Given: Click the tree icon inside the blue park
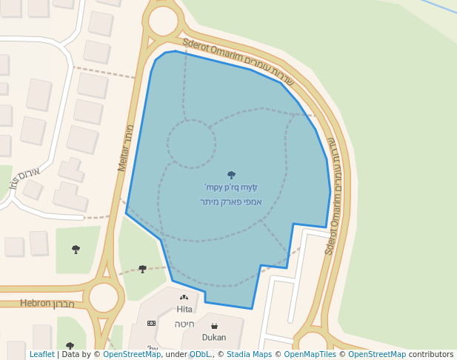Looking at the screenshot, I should coord(231,176).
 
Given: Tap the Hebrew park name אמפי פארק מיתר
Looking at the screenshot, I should coord(231,201).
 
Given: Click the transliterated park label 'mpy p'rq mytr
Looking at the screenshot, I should coord(231,188).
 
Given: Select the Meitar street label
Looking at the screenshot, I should coord(125,148).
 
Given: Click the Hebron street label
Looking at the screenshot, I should coord(36,303).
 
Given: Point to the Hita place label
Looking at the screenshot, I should coord(184,309).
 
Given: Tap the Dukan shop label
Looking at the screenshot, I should coord(214,337).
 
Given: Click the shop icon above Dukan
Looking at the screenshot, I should coord(214,326).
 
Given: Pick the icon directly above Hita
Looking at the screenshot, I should coord(184,298).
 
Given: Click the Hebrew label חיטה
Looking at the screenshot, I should coord(184,324).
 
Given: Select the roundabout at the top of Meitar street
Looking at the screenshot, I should coord(163,21).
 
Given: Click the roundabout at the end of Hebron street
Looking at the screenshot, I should coord(104,297).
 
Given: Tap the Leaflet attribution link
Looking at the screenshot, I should coord(42,355).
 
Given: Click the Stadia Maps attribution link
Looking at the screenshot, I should coord(249,355).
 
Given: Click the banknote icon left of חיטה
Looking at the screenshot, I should coord(152,324).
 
